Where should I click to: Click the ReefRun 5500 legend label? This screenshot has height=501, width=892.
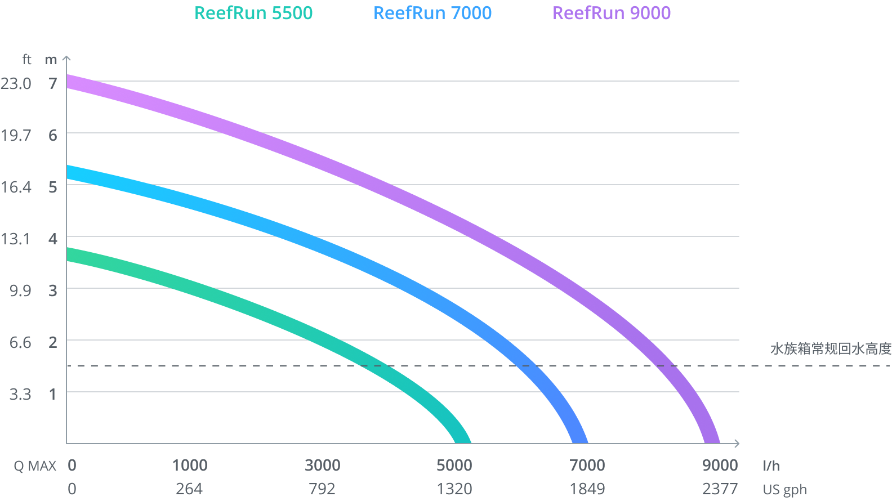[x=253, y=13]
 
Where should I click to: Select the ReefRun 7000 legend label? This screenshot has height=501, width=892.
[x=432, y=13]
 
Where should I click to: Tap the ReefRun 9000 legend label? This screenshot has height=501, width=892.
[x=612, y=13]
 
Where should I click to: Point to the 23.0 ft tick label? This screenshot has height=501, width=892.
[x=16, y=83]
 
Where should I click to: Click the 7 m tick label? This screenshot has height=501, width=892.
[x=53, y=83]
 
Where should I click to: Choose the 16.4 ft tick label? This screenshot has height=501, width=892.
[x=16, y=187]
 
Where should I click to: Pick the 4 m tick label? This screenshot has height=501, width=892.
[x=53, y=239]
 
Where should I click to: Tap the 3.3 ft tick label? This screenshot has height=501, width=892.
[x=20, y=394]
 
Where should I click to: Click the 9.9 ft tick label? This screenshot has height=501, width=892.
[x=20, y=290]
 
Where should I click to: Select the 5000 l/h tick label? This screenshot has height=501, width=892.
[x=454, y=465]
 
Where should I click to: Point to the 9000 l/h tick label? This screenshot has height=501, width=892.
[x=720, y=465]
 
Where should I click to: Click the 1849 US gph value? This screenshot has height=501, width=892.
[x=587, y=489]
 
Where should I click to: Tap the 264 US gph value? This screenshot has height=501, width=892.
[x=189, y=489]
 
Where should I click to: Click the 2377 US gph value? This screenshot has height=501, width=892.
[x=720, y=489]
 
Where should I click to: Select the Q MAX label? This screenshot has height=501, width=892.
[x=35, y=466]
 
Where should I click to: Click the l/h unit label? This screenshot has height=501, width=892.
[x=771, y=466]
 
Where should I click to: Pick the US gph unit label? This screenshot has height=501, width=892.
[x=785, y=489]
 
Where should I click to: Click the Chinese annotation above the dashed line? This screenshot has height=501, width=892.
[x=831, y=349]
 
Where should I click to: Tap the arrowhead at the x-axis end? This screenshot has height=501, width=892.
[x=737, y=444]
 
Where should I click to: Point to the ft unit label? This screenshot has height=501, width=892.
[x=26, y=59]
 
